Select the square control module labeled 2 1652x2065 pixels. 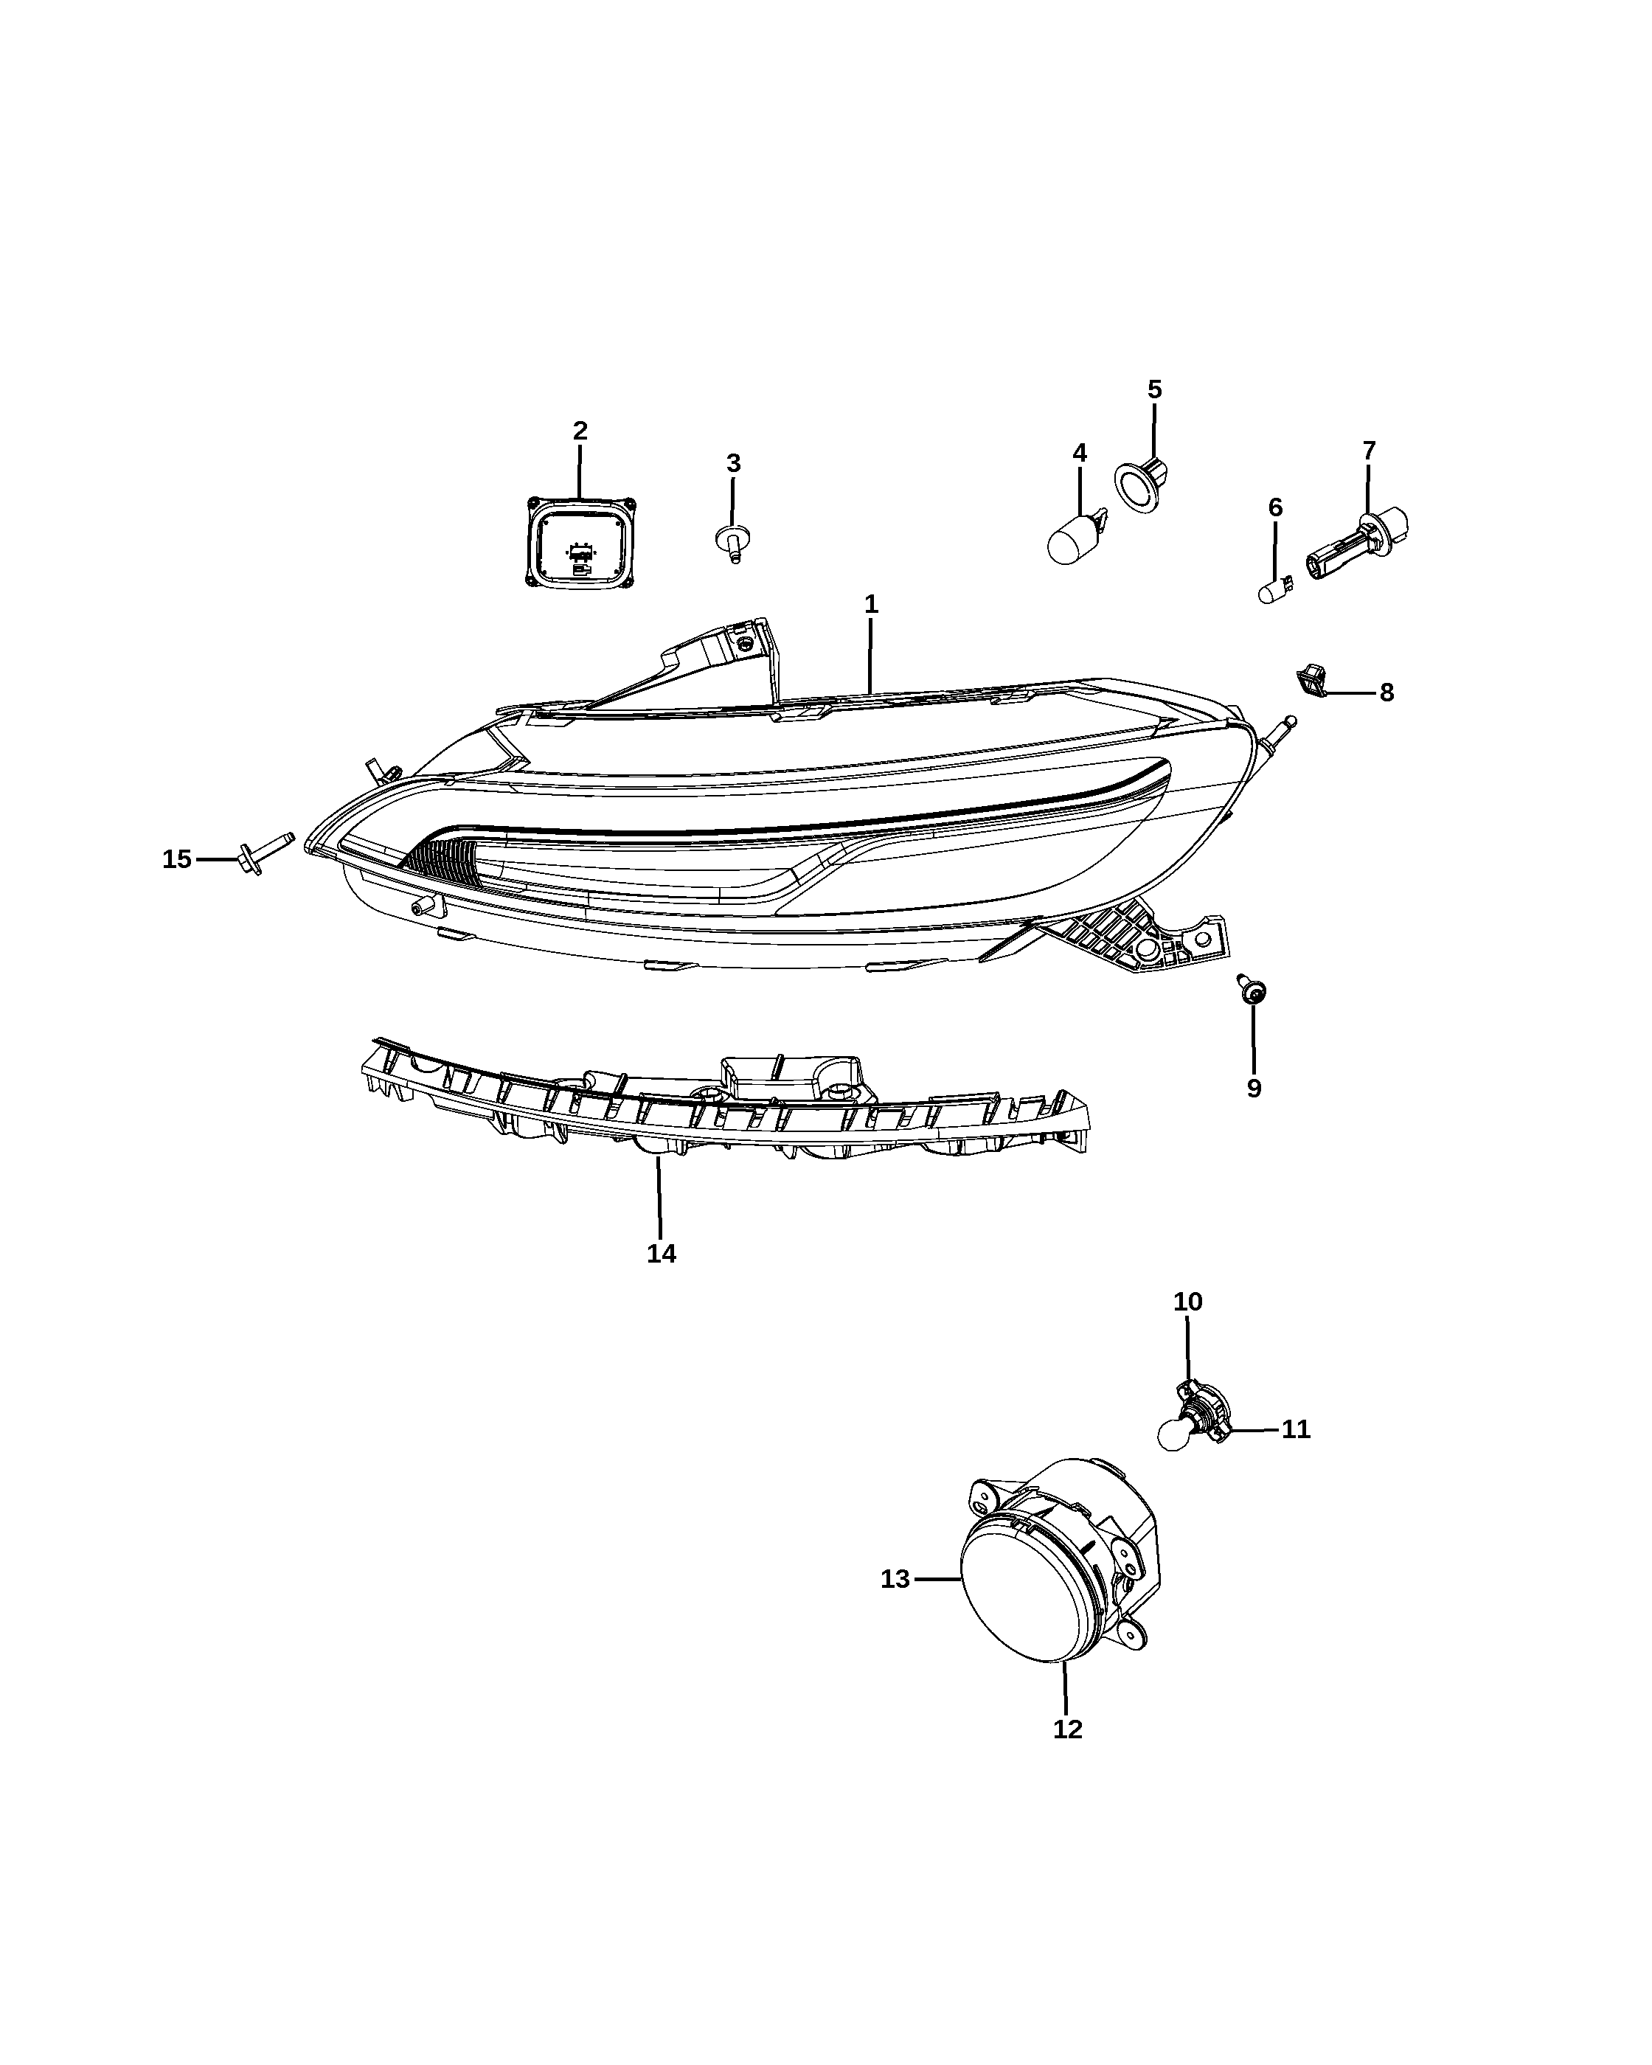[580, 542]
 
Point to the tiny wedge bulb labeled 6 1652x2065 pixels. [1274, 589]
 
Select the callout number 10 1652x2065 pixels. [1187, 1302]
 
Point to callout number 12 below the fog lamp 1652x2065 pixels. [1068, 1729]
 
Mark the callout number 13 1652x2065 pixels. [895, 1580]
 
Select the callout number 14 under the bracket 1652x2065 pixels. [661, 1254]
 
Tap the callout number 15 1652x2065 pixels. [176, 859]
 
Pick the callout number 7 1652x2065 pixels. [1369, 450]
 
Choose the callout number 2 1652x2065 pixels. [580, 431]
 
